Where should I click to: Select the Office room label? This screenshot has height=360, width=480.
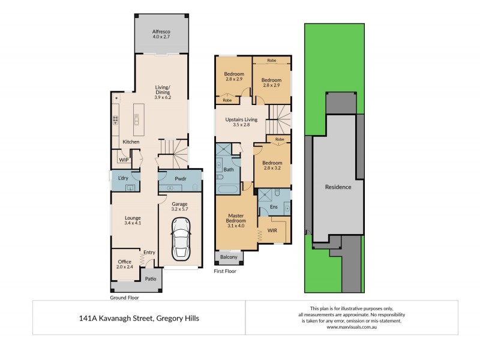[124, 262]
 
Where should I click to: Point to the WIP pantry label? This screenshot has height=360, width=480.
[124, 160]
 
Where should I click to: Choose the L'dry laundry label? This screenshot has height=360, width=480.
[124, 179]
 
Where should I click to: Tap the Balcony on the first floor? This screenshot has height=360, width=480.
[229, 257]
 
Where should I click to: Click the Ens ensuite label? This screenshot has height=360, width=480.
[273, 207]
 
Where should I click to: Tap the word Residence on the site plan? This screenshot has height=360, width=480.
[338, 187]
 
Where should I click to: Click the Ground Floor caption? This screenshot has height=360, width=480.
[124, 297]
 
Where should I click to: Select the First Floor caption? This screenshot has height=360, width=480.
[226, 271]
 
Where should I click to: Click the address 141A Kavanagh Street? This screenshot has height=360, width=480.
[139, 318]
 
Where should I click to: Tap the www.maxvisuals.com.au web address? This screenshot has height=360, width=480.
[351, 327]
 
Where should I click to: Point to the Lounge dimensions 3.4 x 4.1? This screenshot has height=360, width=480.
[133, 223]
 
